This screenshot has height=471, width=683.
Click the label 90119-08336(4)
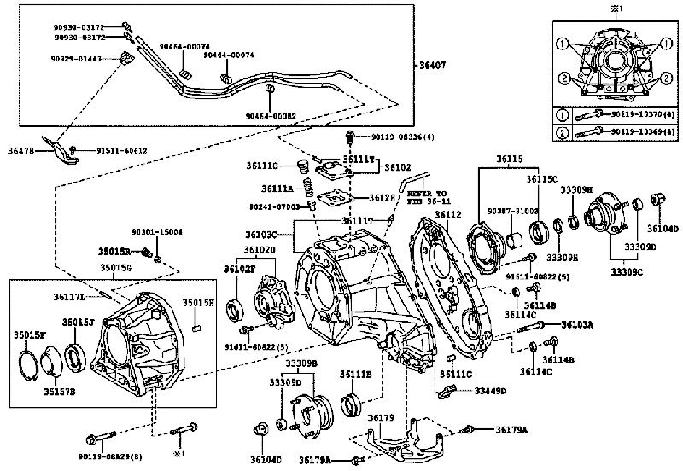406,137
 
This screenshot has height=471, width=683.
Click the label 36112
447,214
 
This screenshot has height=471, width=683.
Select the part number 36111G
458,373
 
